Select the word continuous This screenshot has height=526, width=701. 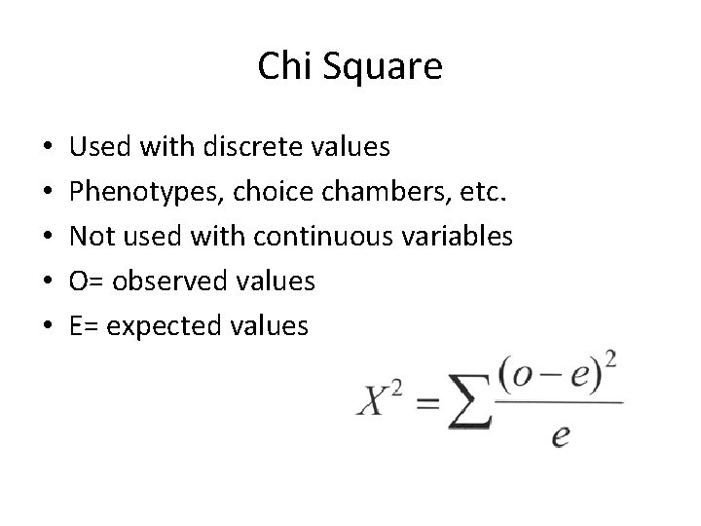[318, 237]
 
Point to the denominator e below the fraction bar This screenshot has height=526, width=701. [560, 435]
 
